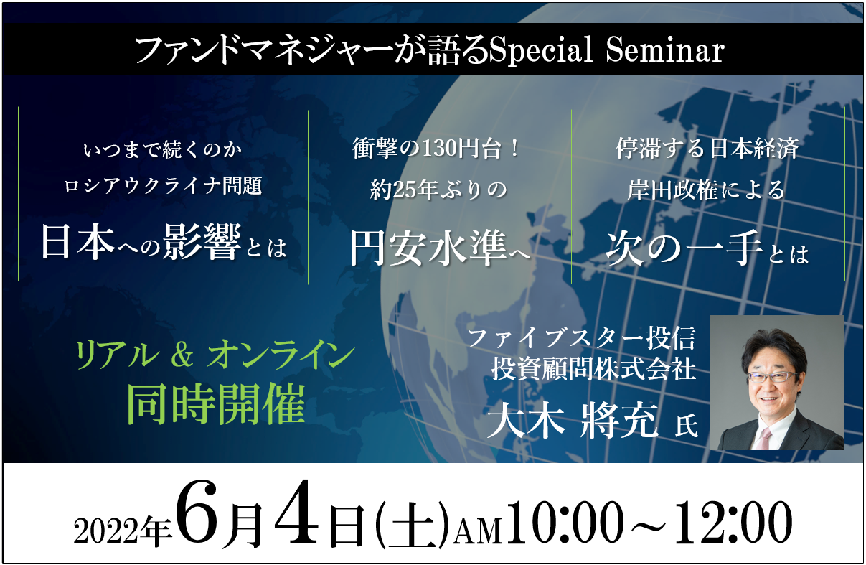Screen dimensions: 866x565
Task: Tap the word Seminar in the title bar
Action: (x=665, y=50)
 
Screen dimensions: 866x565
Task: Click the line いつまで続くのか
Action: (x=162, y=150)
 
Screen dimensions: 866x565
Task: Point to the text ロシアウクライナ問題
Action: (x=163, y=186)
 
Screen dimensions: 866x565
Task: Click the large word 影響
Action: (x=202, y=242)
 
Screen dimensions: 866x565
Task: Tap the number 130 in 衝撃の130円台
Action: (x=440, y=149)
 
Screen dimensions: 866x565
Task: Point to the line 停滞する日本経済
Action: (x=707, y=149)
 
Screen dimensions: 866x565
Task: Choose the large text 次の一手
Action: (x=684, y=248)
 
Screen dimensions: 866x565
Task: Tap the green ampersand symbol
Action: (x=182, y=356)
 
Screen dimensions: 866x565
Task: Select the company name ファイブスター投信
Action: (x=582, y=337)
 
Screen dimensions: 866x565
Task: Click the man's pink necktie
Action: (x=763, y=439)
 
